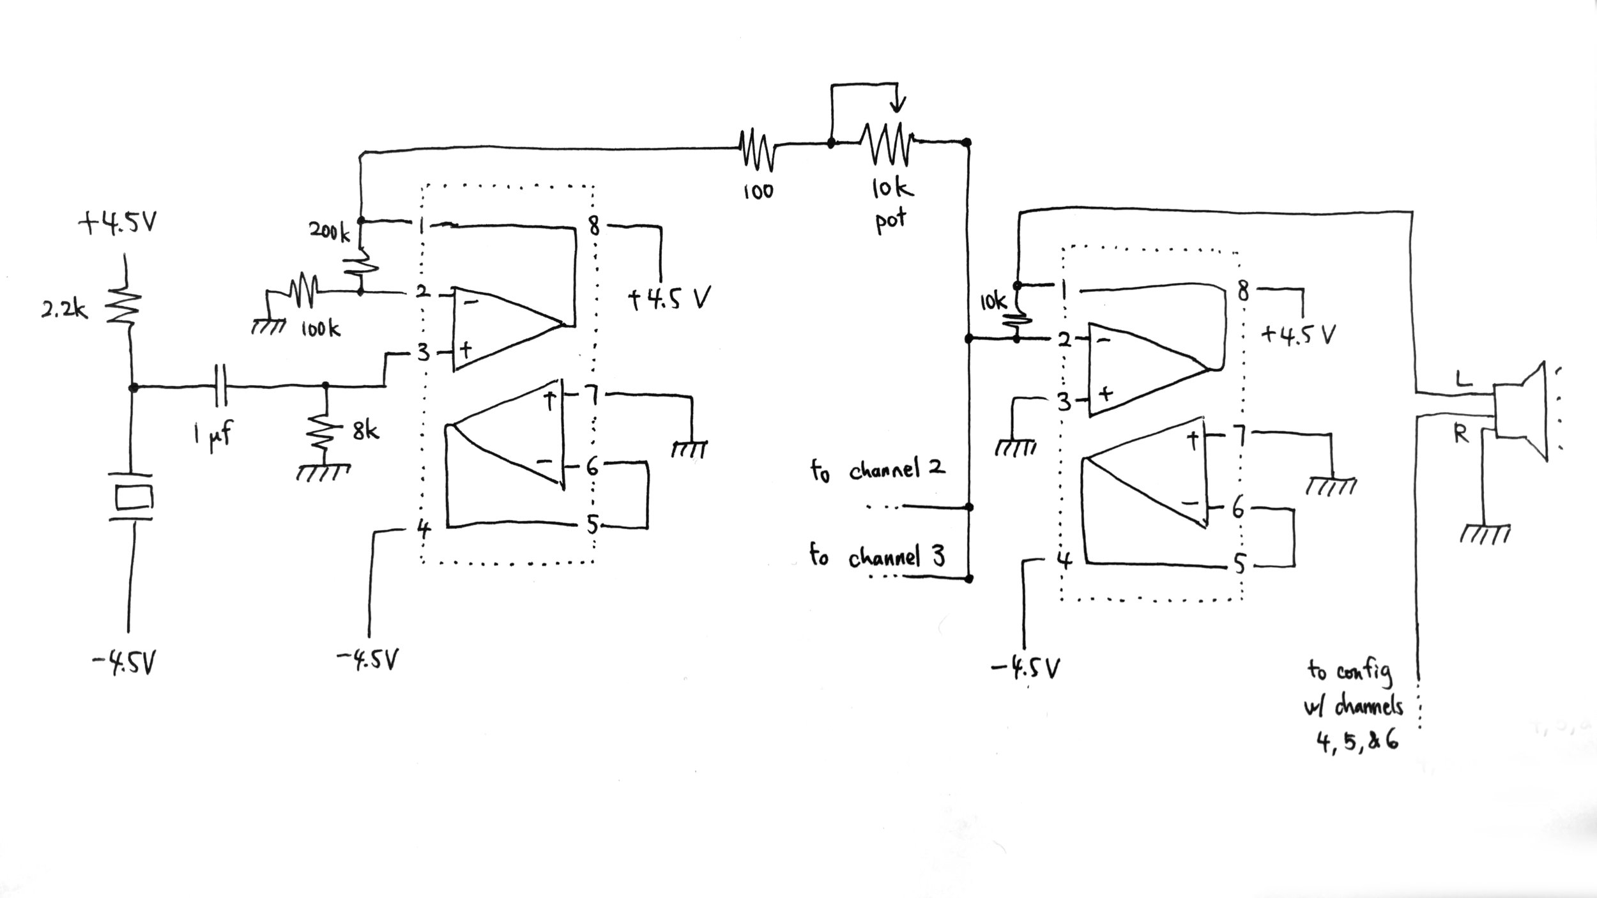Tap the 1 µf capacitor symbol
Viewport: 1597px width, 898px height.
[x=221, y=385]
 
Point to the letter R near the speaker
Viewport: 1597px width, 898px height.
[x=1460, y=434]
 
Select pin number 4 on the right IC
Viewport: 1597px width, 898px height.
[x=1063, y=560]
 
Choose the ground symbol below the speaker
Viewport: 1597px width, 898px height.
[x=1486, y=534]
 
